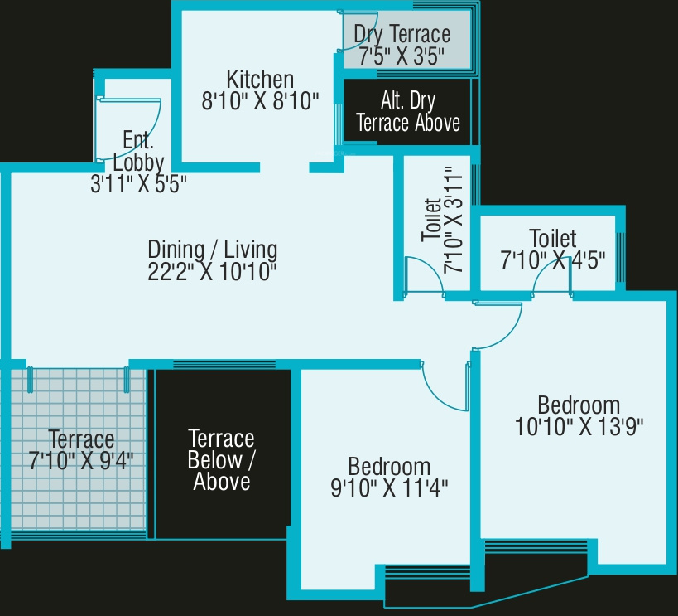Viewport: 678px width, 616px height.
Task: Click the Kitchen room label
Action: [x=260, y=80]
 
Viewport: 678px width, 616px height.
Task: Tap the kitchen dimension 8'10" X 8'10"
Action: [x=260, y=101]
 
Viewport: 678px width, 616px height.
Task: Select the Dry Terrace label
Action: [x=402, y=35]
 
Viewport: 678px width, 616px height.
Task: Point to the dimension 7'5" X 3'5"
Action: [x=402, y=56]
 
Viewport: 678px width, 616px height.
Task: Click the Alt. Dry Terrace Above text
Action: [x=407, y=112]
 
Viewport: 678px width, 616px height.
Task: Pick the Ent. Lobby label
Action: [x=138, y=150]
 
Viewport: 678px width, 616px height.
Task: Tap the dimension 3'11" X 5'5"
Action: [x=138, y=184]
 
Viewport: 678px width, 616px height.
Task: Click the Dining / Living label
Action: [x=213, y=249]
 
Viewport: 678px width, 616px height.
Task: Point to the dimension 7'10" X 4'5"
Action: [x=553, y=259]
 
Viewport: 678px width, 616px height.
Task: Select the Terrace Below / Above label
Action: [x=221, y=459]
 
